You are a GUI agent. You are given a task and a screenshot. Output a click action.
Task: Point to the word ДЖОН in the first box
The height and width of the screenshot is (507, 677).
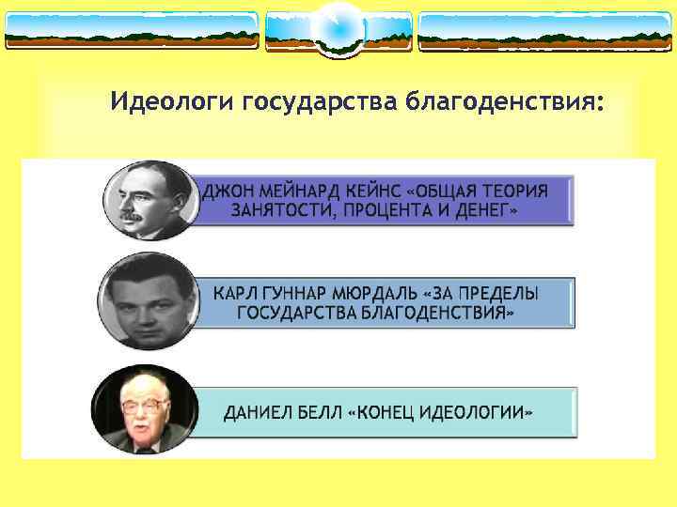(227, 190)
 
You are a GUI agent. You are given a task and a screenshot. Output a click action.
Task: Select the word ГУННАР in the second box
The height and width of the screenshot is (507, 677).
(296, 293)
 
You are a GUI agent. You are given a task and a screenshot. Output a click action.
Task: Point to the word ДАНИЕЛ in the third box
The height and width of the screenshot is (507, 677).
(255, 413)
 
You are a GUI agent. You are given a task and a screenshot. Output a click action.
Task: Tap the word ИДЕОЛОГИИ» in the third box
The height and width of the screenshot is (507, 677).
(483, 413)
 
